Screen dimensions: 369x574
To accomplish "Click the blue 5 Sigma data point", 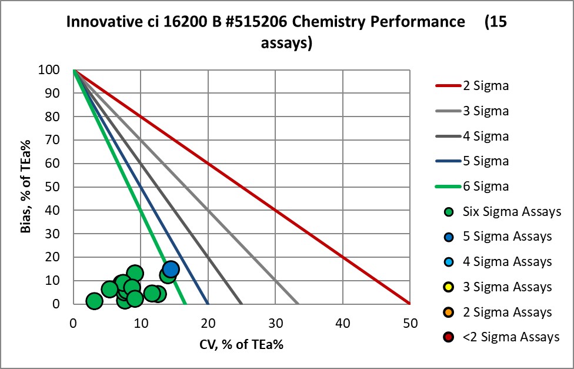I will [x=171, y=269].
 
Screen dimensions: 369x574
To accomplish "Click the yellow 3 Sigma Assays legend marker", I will [x=448, y=287].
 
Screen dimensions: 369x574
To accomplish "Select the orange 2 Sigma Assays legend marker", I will [x=448, y=312].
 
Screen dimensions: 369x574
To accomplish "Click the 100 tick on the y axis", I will [x=57, y=70].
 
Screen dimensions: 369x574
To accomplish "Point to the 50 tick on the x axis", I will [x=410, y=323].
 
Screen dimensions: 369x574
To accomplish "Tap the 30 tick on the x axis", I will [x=275, y=323].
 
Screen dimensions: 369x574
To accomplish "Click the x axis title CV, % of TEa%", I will [x=241, y=345].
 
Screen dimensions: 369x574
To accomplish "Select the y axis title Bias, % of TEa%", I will [x=26, y=187].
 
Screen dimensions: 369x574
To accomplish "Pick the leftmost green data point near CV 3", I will [x=94, y=301].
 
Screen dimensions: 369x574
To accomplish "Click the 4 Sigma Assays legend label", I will [x=507, y=261].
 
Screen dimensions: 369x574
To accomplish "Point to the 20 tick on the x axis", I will [x=208, y=323].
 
